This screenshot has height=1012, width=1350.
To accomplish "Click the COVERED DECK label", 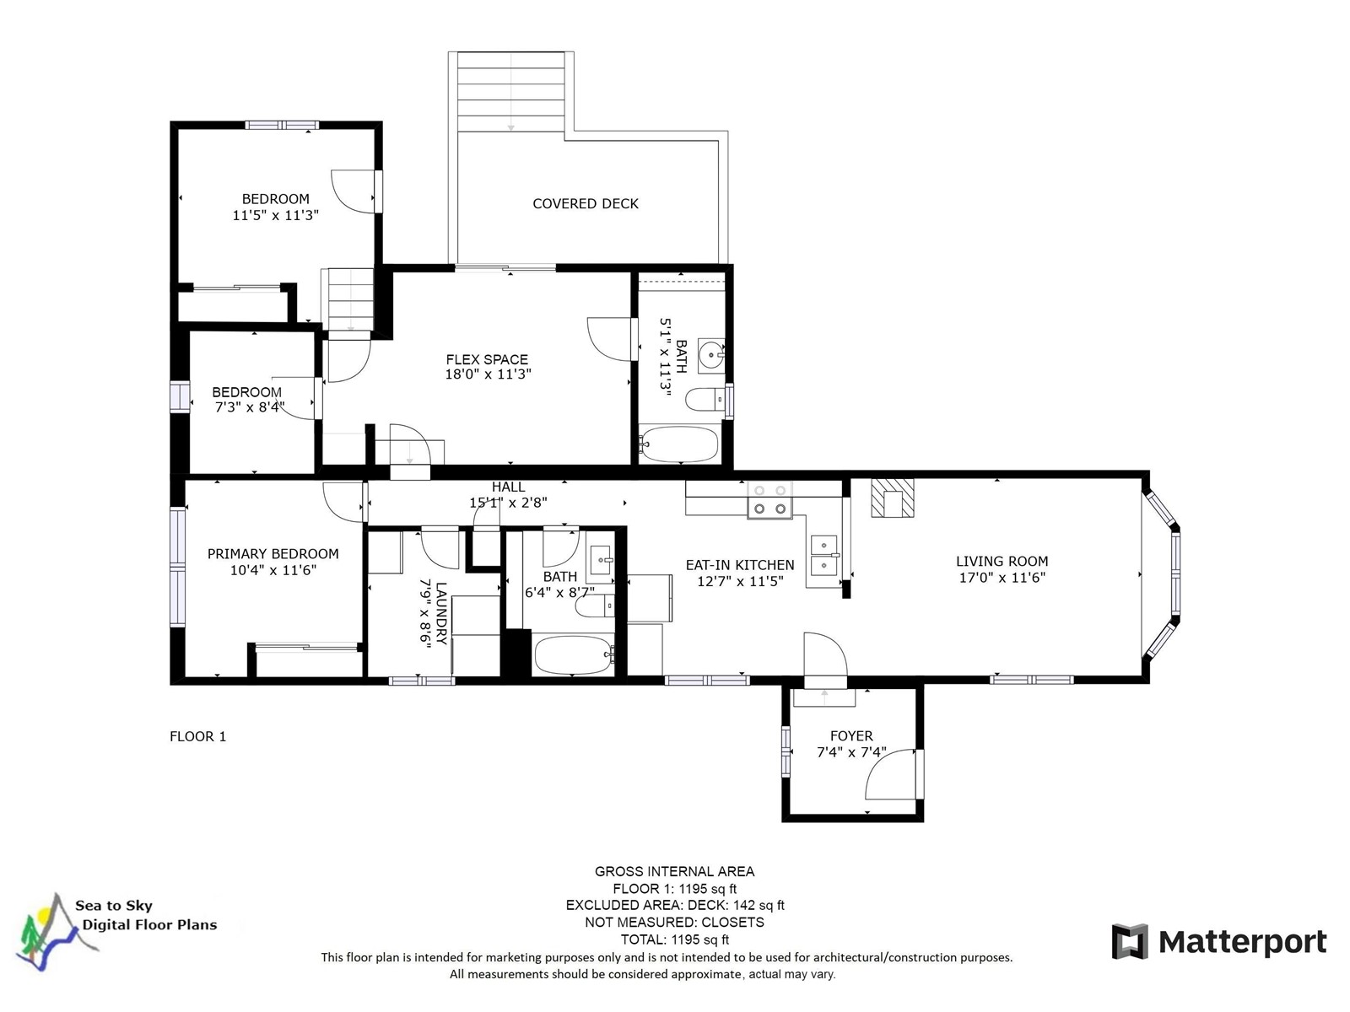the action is (x=585, y=203).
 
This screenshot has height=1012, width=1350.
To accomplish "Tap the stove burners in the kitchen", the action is (x=769, y=499).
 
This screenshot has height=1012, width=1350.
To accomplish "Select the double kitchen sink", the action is (x=824, y=554).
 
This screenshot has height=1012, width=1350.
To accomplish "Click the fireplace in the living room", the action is (x=892, y=498).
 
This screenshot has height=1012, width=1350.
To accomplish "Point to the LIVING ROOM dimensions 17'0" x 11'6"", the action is (x=1002, y=578).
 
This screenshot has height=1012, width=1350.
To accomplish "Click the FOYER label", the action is (x=851, y=735).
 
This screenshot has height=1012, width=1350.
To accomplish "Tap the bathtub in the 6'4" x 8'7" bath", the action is (x=573, y=655).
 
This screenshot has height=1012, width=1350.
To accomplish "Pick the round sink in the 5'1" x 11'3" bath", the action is (x=711, y=355).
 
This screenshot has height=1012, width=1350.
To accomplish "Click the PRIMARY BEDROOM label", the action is (x=273, y=553).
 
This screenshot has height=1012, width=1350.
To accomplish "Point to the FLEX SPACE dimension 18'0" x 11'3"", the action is (x=488, y=374).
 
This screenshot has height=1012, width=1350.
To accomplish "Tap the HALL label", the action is (x=508, y=487).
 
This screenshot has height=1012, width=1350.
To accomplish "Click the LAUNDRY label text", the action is (x=441, y=612).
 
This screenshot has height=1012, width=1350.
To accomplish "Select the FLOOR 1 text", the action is (x=198, y=736).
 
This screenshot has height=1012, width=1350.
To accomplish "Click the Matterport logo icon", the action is (x=1129, y=940).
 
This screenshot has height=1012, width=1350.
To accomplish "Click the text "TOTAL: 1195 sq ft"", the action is (x=675, y=939).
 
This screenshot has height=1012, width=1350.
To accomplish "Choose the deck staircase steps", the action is (x=510, y=92).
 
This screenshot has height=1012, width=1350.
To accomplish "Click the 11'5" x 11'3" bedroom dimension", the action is (x=276, y=215).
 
